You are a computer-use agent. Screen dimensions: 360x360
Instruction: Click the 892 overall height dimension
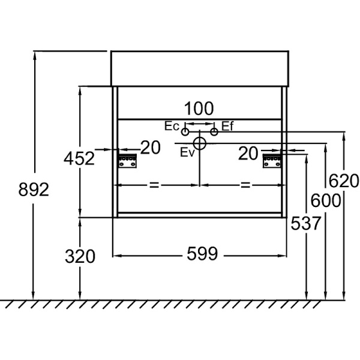(x=34, y=190)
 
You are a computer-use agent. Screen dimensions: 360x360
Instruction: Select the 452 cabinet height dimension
(x=79, y=158)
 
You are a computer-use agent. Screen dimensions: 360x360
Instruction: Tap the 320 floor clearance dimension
(x=80, y=257)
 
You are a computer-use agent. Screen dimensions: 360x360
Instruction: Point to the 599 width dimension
(x=201, y=255)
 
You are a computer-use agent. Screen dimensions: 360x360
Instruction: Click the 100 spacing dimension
(x=199, y=109)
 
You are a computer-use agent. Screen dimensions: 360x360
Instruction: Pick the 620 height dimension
(x=344, y=179)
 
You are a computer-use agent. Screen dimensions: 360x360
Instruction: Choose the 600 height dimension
(x=326, y=201)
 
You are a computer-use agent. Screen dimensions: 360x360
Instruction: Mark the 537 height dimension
(x=306, y=223)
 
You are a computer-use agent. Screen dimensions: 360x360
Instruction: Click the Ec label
(x=172, y=127)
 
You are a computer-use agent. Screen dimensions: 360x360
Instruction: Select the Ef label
(x=227, y=126)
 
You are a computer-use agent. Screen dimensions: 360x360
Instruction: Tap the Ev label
(x=187, y=152)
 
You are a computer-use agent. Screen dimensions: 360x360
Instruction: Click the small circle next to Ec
(x=185, y=131)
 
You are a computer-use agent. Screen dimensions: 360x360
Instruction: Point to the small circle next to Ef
(x=214, y=131)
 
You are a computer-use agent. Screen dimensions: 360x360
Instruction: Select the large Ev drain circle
(x=200, y=143)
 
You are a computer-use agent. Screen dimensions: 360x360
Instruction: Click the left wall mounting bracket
(x=128, y=161)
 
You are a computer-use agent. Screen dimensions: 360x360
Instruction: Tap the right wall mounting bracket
(x=272, y=161)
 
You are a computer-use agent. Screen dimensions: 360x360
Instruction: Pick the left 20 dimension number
(x=151, y=148)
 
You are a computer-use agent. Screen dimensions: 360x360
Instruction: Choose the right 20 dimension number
(x=248, y=154)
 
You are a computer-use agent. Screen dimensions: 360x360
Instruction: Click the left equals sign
(x=154, y=185)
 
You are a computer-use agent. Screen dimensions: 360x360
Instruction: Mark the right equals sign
(x=245, y=185)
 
